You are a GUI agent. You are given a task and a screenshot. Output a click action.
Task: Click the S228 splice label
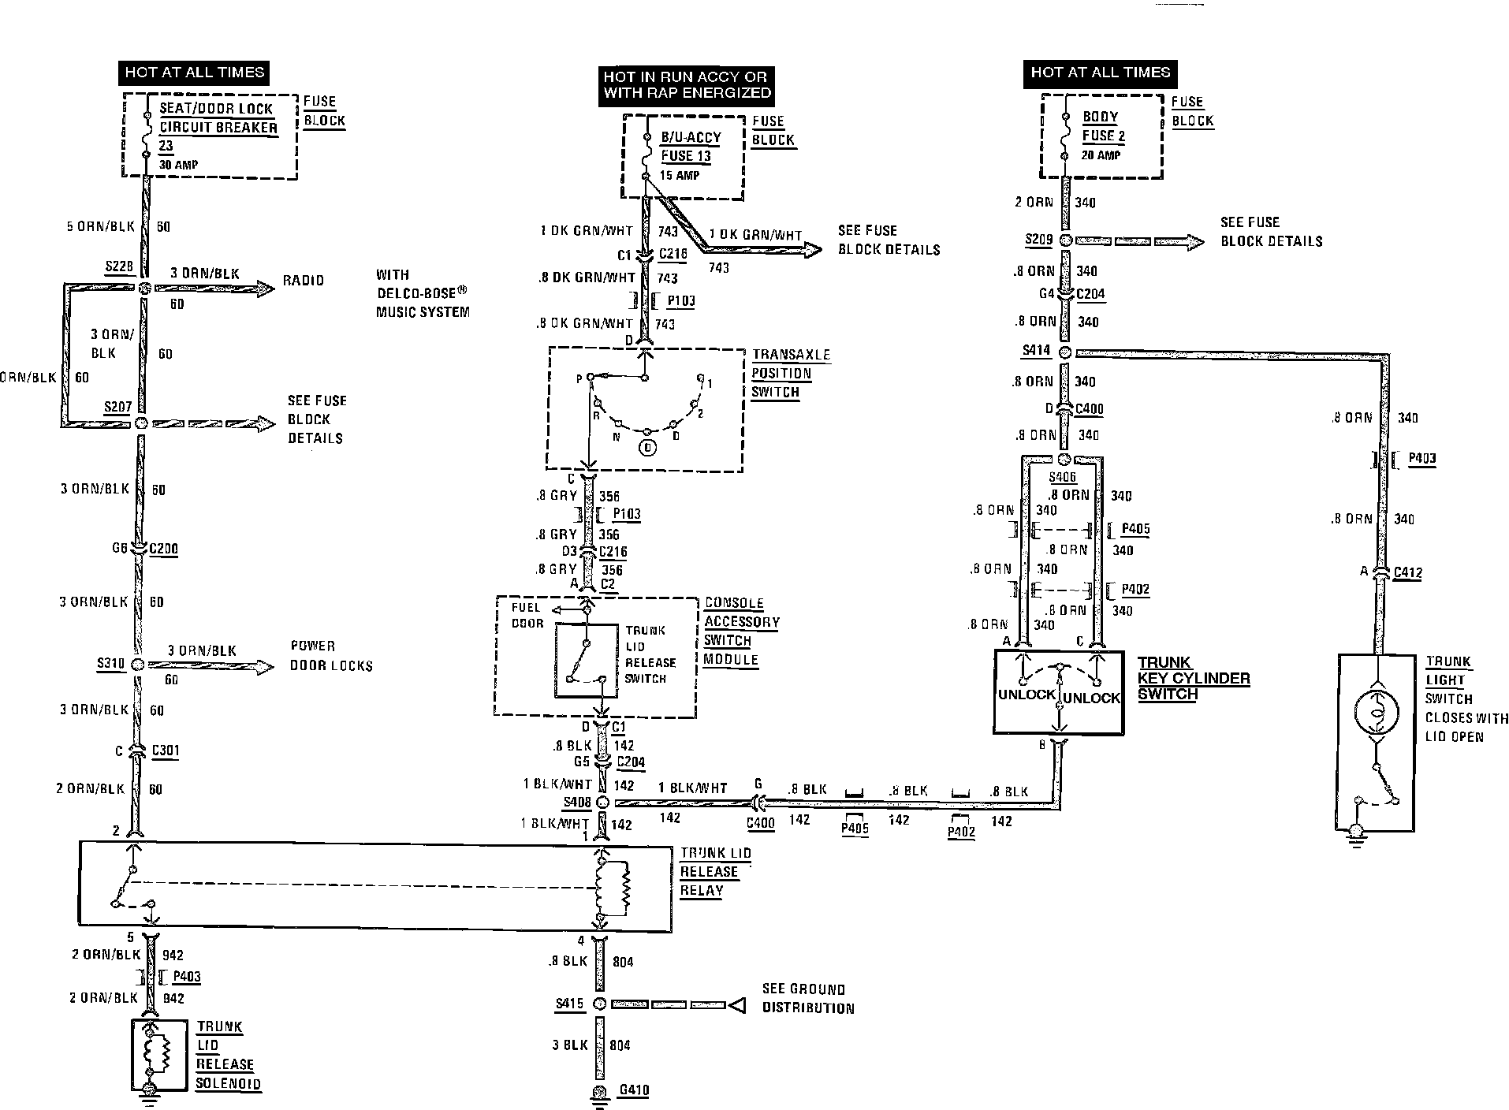119,266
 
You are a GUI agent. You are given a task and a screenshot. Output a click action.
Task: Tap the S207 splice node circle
141,423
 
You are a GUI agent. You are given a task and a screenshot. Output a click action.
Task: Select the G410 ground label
634,1090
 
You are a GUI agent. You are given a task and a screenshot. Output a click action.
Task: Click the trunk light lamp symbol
1376,713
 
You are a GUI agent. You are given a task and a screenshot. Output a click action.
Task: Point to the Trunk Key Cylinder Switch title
1193,678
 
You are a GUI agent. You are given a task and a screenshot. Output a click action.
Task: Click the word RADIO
304,281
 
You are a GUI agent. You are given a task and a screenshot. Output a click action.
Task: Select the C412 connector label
1407,572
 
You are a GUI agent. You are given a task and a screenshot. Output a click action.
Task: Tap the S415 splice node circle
598,1004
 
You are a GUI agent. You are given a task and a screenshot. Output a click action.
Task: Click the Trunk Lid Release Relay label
715,872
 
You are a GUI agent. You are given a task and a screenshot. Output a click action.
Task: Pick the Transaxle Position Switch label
790,373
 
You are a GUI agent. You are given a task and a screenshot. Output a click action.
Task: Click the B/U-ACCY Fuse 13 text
690,147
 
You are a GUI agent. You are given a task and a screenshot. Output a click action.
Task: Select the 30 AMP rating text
178,165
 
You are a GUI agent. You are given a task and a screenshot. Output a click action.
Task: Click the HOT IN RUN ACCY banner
685,84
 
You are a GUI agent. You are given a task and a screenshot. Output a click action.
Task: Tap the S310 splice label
110,663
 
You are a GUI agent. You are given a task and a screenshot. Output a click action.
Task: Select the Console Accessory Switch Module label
741,631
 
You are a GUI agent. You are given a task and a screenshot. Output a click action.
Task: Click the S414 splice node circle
1064,352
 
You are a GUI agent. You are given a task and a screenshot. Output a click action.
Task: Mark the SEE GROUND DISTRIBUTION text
807,998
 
